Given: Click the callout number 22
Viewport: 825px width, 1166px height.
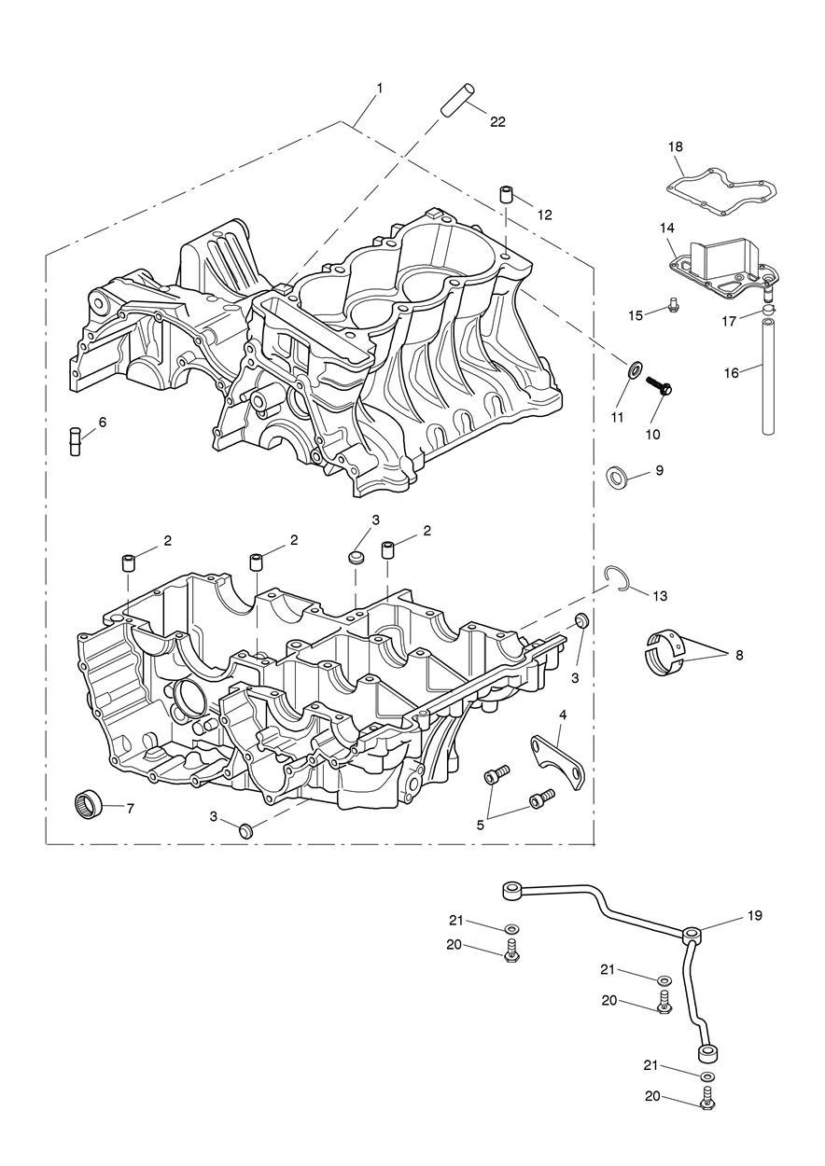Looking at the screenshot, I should click(497, 121).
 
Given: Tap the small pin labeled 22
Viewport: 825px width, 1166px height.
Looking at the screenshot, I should click(458, 99).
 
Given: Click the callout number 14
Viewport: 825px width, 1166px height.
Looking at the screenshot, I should click(666, 228).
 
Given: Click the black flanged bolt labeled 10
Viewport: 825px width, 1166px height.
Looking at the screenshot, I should click(661, 389).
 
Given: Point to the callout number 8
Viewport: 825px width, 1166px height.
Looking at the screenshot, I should click(739, 656).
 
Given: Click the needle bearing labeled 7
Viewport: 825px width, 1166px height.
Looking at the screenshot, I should click(89, 803).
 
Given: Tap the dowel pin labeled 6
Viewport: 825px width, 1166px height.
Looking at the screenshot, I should click(75, 439).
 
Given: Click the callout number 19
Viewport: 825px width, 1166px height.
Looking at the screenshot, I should click(754, 915).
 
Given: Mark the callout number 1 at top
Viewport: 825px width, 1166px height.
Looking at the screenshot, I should click(379, 88).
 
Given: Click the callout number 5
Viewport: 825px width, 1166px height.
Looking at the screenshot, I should click(482, 824).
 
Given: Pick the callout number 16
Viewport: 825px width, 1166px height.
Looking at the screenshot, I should click(731, 373).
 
